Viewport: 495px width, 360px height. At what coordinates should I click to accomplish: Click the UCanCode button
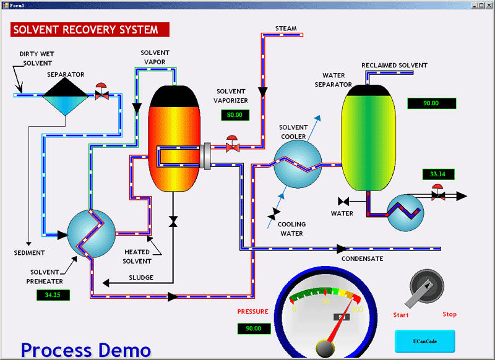click(424, 341)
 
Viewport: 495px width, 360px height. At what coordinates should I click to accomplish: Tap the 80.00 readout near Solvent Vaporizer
click(235, 114)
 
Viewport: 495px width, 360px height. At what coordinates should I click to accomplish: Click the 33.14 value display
click(437, 174)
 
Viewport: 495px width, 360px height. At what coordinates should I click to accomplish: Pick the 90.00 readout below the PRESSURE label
click(254, 328)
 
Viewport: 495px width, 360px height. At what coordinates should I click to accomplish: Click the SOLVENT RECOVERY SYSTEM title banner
click(89, 30)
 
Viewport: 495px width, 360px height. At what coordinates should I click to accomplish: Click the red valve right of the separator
click(102, 93)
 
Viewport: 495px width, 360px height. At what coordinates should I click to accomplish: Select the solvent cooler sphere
click(298, 163)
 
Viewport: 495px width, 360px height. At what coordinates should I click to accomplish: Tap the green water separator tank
click(368, 139)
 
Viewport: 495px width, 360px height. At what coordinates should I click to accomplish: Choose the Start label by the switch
click(401, 315)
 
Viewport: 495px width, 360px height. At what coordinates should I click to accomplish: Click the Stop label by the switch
click(449, 314)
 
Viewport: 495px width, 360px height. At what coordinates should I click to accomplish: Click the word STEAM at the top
click(286, 28)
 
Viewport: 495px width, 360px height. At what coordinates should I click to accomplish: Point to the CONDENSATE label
click(363, 259)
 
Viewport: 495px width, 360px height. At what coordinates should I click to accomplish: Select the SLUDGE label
click(141, 278)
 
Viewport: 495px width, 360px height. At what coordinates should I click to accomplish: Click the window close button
click(488, 4)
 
